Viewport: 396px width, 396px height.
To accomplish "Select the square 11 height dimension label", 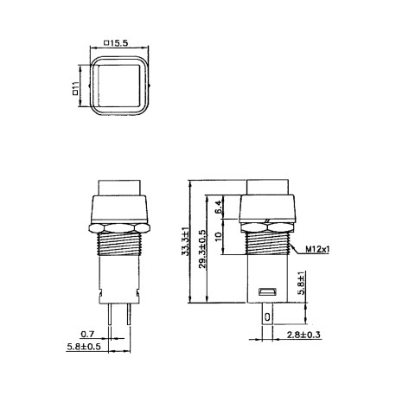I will click(x=76, y=86).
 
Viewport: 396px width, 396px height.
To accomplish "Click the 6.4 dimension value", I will click(x=218, y=208).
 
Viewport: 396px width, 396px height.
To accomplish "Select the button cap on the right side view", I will click(x=267, y=186).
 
